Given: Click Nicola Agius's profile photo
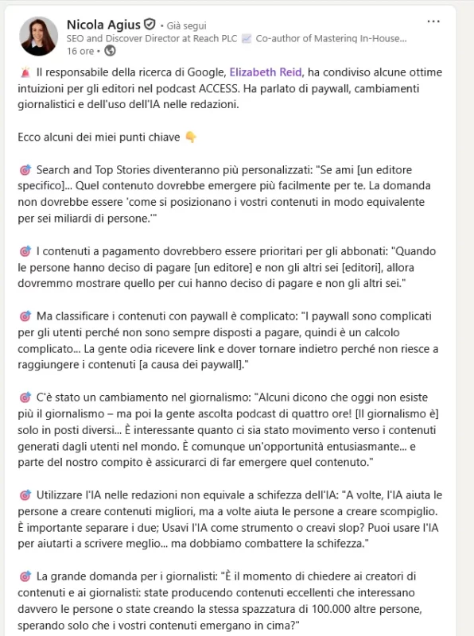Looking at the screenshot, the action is click(x=38, y=37).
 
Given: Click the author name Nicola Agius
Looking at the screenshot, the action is click(x=103, y=24).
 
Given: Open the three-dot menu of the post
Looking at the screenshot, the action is click(x=433, y=21).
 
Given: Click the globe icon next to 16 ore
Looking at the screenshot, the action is click(x=110, y=51).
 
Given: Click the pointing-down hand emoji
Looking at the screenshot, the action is click(x=190, y=138).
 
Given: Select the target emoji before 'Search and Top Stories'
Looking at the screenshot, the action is click(x=24, y=170).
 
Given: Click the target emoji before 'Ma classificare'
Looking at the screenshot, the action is click(x=24, y=316).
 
